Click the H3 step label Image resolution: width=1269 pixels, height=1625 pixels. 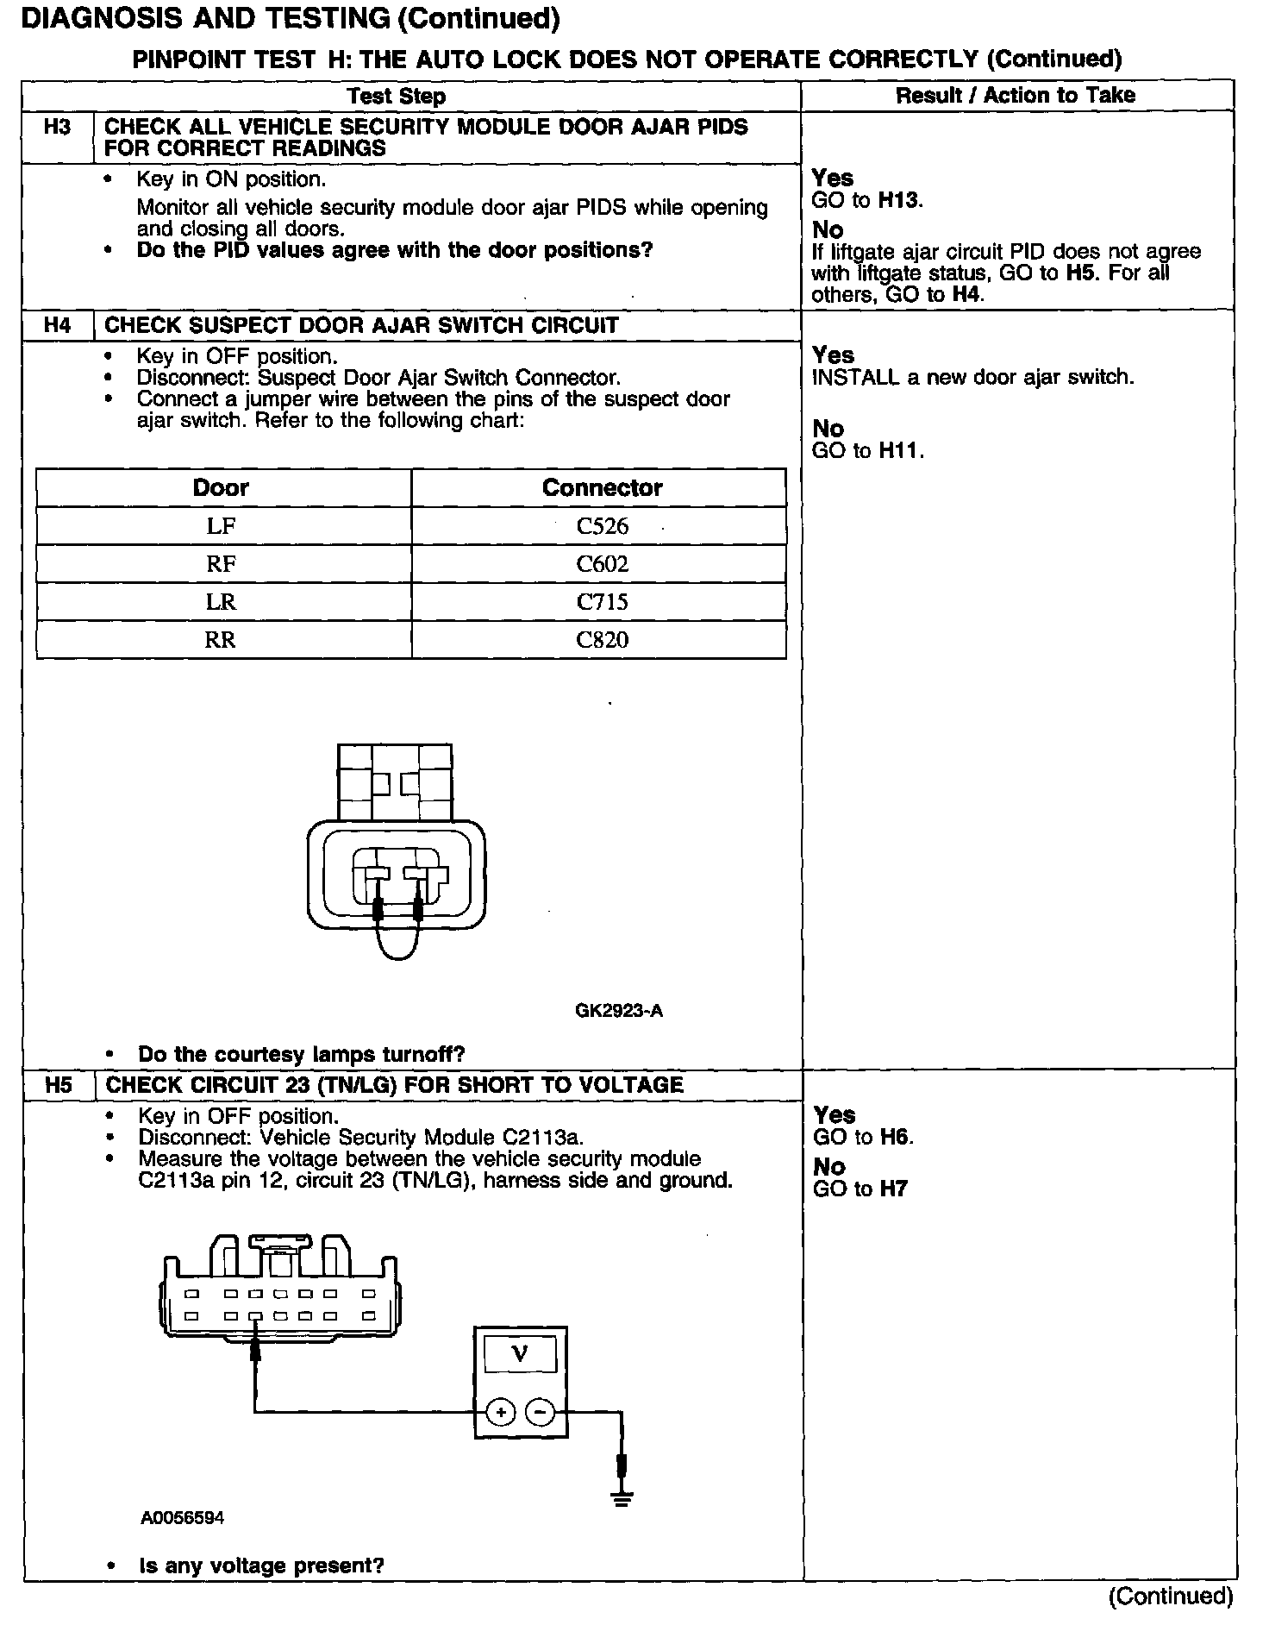click(57, 128)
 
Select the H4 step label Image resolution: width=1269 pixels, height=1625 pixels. click(57, 325)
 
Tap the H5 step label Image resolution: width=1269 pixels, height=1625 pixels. click(58, 1085)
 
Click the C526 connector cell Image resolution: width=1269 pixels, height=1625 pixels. click(602, 526)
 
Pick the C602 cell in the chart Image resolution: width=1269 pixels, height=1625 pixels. click(602, 564)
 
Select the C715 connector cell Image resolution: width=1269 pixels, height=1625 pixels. click(602, 602)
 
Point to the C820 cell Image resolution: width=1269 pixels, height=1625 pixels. click(602, 640)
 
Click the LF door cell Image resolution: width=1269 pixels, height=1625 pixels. click(221, 526)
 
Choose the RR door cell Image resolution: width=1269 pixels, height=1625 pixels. click(221, 640)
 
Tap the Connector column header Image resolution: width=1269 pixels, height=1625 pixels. click(602, 487)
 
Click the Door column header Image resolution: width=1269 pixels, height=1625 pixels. click(221, 487)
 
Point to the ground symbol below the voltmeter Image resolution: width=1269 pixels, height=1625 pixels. click(622, 1498)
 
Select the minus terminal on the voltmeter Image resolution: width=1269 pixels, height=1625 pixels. click(540, 1413)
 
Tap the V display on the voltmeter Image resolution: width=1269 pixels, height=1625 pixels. click(520, 1353)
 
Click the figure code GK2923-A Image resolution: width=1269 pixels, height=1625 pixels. click(619, 1011)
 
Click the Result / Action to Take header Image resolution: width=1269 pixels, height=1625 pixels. click(1016, 95)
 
